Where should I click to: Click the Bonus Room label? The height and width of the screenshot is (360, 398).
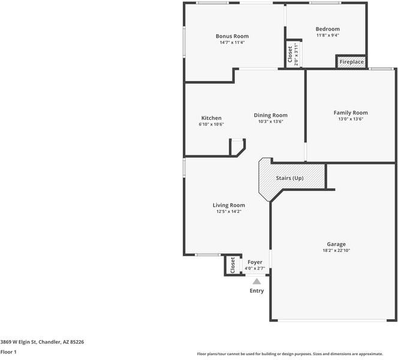[x=232, y=36]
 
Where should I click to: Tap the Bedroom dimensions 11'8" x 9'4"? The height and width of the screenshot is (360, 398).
[x=327, y=35]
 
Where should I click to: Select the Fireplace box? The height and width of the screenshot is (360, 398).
[x=351, y=62]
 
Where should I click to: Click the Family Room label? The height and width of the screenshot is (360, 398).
[x=351, y=113]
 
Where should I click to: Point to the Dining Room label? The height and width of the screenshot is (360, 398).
[x=270, y=115]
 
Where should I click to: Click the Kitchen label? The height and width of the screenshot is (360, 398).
[x=211, y=118]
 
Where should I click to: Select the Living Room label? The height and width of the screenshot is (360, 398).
[x=228, y=205]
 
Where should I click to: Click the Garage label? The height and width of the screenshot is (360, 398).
[x=336, y=244]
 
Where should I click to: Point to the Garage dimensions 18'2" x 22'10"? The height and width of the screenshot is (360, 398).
[x=336, y=251]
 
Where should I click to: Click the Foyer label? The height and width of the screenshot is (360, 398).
[x=255, y=262]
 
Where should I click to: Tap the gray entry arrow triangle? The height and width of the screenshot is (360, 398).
[x=257, y=280]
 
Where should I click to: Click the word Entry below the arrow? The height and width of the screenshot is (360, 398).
[x=257, y=291]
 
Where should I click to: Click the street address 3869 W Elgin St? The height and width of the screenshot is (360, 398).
[x=42, y=342]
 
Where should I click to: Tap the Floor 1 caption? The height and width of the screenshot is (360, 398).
[x=8, y=352]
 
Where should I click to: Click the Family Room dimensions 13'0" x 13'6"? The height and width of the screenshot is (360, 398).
[x=351, y=119]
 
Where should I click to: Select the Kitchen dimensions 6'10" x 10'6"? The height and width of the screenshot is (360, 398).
[x=211, y=124]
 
